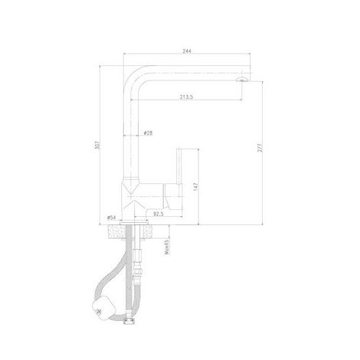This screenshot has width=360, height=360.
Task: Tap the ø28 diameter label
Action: (148, 133)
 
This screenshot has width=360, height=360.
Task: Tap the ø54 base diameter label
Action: (112, 217)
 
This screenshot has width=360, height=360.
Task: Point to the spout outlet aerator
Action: (243, 78)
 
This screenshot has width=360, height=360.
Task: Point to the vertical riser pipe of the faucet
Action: (133, 138)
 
